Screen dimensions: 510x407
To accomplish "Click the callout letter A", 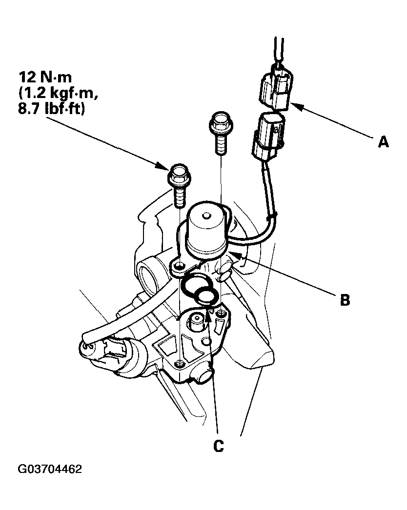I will point(384,142).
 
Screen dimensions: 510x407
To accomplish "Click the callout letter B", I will point(345,299).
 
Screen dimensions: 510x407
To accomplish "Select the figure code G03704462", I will point(50,470).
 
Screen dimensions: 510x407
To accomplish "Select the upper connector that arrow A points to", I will point(275,89).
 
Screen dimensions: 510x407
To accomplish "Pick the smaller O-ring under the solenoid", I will point(207,295).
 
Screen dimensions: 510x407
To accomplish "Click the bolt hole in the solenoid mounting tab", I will point(179,266).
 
